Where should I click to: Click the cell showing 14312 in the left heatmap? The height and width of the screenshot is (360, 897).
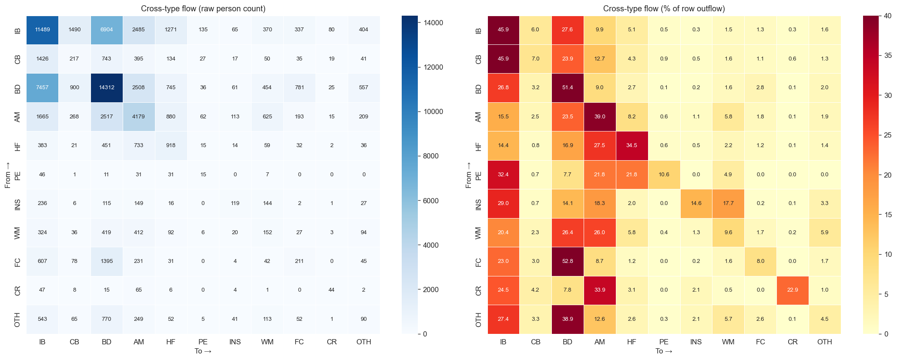point(107,87)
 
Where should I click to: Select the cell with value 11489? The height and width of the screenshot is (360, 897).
point(42,30)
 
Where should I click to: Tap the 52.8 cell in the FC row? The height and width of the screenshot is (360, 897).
point(568,261)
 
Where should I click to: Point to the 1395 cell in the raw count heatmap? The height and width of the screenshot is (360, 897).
point(107,261)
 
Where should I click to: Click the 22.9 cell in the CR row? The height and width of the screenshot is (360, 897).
point(793,290)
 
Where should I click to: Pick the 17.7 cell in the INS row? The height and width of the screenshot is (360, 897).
point(728,203)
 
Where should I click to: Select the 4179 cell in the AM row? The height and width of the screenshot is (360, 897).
point(139,117)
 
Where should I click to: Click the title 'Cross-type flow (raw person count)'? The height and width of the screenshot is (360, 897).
point(203,9)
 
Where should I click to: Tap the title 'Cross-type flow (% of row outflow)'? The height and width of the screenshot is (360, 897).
point(664,9)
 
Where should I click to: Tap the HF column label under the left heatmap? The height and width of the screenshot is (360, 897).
point(171,342)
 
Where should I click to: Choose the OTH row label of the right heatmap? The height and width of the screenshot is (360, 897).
point(478,320)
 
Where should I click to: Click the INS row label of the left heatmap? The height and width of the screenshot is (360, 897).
point(18,203)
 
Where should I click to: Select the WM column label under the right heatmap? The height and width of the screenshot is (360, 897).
point(728,342)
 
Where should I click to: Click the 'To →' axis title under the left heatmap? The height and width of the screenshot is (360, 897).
point(203,351)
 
